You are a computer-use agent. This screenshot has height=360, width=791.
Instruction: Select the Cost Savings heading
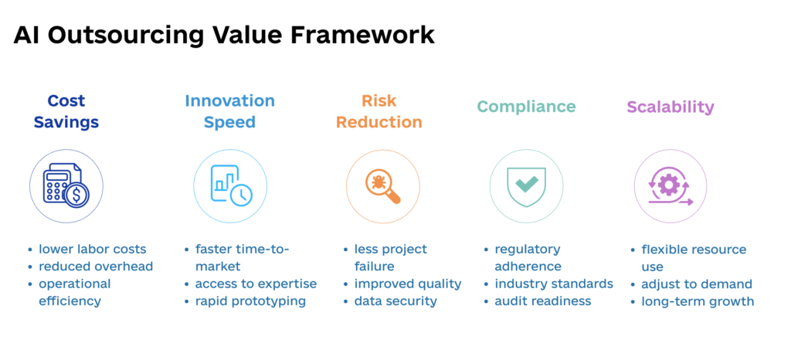[66, 111]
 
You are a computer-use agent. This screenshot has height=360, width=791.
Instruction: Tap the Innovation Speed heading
[229, 111]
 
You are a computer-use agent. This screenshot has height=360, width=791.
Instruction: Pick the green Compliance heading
[526, 107]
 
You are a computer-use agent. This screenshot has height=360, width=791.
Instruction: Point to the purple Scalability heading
[670, 107]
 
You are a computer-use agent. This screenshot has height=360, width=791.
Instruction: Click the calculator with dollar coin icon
[66, 186]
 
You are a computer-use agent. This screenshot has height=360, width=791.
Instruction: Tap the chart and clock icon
[229, 186]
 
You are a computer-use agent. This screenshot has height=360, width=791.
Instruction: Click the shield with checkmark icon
[527, 186]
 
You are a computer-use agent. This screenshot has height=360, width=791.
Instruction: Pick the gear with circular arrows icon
[670, 186]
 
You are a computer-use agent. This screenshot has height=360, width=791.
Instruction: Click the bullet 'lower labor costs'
[92, 249]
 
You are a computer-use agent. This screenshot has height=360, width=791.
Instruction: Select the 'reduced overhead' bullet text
[96, 267]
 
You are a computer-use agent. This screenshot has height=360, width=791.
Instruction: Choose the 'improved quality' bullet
[407, 284]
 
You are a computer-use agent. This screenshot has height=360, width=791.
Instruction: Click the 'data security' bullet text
[395, 301]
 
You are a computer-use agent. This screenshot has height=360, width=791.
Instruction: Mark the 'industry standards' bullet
[554, 284]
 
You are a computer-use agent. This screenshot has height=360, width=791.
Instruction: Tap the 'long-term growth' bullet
[698, 301]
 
